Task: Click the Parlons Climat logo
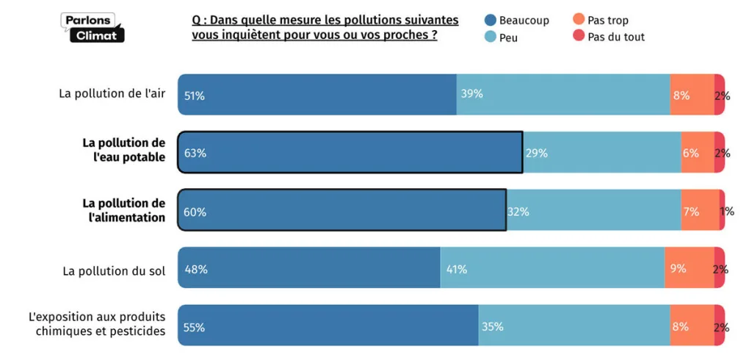(93, 27)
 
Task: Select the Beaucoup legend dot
(491, 21)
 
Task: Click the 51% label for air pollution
(194, 96)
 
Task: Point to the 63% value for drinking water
(195, 154)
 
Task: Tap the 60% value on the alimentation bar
(195, 212)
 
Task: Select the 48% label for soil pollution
(195, 270)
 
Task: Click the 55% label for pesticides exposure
(194, 328)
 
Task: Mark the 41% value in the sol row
(457, 270)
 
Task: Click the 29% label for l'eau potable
(536, 154)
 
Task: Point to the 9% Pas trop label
(678, 269)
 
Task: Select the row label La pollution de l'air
(112, 94)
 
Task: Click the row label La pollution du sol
(114, 270)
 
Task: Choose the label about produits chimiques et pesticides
(97, 324)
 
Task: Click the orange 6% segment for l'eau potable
(698, 153)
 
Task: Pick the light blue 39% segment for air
(563, 94)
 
